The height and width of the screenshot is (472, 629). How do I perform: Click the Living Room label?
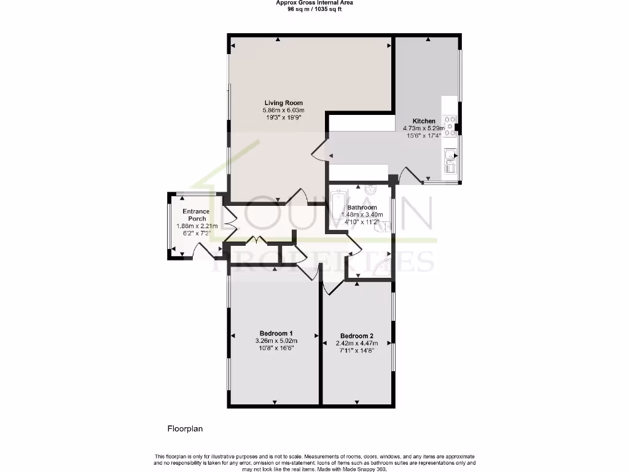[283, 103]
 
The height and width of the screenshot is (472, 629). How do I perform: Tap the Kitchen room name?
[424, 121]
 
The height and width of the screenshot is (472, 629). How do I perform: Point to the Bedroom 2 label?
[357, 336]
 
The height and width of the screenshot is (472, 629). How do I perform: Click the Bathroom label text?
[362, 207]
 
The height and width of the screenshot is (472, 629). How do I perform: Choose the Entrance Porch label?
[196, 215]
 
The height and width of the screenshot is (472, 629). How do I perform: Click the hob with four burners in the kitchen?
[450, 125]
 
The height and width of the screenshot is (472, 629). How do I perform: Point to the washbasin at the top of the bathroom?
[370, 190]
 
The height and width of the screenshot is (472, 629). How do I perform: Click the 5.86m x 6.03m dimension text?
[283, 110]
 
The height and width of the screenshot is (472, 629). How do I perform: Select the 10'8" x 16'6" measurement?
[276, 348]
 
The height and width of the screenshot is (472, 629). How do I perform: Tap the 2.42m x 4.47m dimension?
[357, 344]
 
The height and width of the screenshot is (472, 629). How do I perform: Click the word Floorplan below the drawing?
[185, 428]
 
